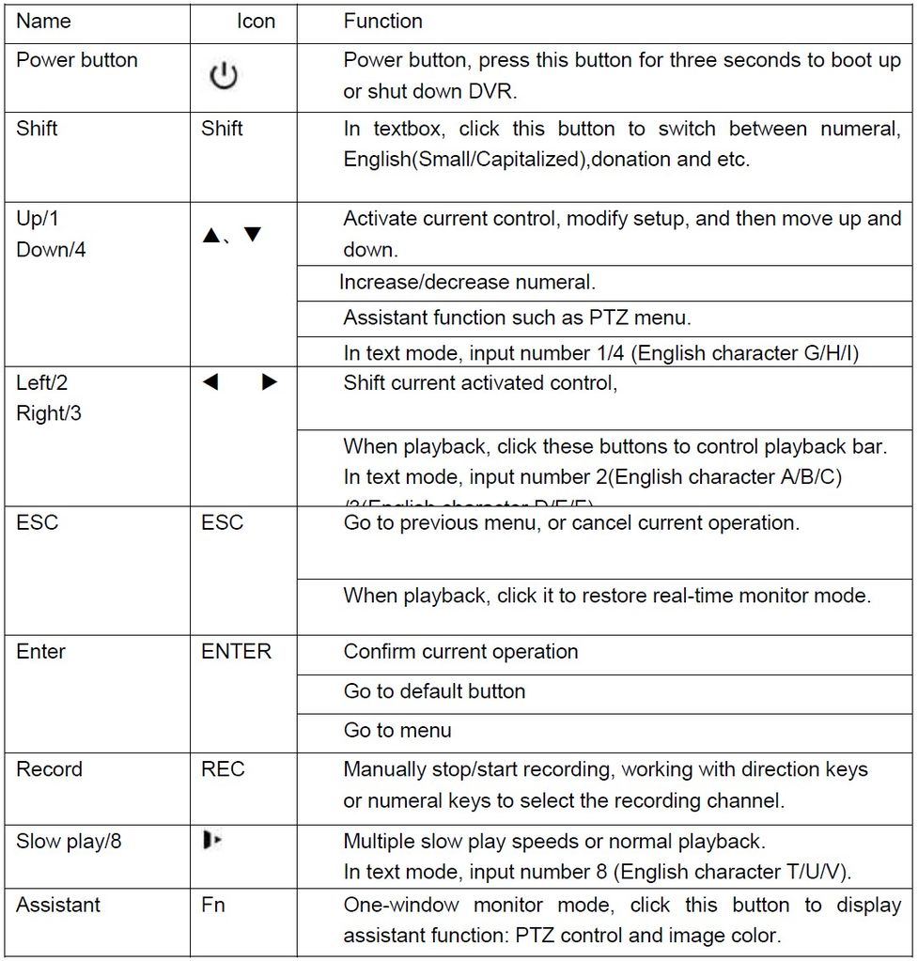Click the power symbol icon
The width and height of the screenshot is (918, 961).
[224, 77]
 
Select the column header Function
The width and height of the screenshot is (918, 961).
[382, 21]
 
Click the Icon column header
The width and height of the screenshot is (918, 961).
[256, 21]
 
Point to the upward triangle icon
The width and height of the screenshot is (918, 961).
[210, 236]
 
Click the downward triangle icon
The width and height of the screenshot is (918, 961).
[252, 235]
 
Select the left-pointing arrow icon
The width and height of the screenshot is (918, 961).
[210, 382]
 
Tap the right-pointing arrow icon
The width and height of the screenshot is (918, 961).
[270, 382]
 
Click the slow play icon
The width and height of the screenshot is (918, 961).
[211, 840]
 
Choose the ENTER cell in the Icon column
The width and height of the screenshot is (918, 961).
[236, 651]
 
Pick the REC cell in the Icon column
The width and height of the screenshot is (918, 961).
[223, 769]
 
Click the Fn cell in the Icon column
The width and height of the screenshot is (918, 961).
[213, 906]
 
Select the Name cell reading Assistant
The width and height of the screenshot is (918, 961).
[58, 906]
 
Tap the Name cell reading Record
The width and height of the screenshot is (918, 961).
[49, 769]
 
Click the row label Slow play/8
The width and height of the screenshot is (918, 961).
[69, 841]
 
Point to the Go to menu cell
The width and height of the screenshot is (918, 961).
[397, 730]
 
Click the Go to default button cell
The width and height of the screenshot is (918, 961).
[434, 691]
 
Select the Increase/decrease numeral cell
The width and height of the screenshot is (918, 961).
[467, 282]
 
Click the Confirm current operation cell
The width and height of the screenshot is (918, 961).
[460, 652]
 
